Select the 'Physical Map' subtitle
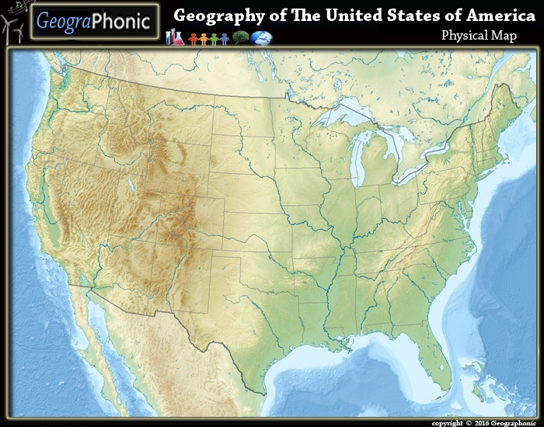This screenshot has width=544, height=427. coord(479,35)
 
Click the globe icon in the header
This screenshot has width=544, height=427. coord(262,37)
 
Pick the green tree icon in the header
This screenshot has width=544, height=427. coord(240,37)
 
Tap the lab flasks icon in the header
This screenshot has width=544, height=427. coord(176,36)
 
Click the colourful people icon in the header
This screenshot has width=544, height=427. coord(208,37)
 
